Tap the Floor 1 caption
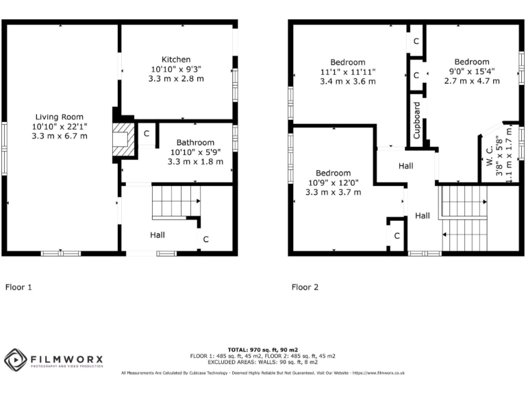click(18, 287)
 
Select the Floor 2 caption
click(305, 287)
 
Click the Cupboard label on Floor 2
click(416, 121)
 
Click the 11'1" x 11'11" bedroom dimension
click(348, 72)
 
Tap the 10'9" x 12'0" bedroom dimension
click(333, 183)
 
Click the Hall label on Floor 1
click(158, 235)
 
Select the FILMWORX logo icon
click(15, 359)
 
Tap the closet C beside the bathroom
click(146, 133)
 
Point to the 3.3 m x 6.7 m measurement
click(59, 136)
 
